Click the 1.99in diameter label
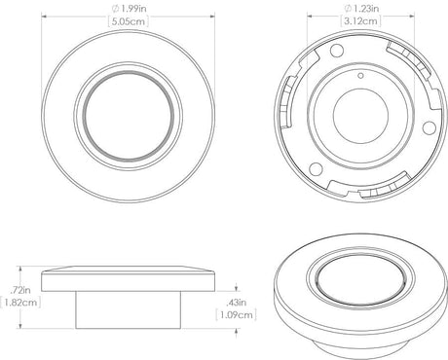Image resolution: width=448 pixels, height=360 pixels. click(122, 11)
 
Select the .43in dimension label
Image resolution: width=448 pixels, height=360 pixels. click(237, 302)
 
